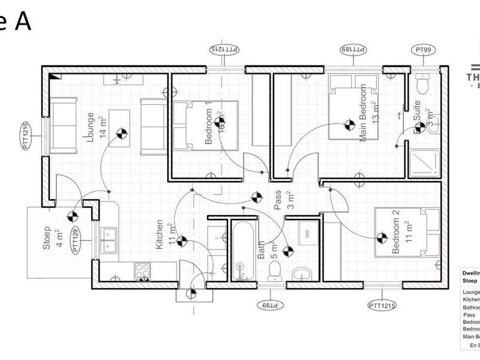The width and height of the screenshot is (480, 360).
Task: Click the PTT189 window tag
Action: (353, 49)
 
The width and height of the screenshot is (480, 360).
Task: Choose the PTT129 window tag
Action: (76, 239)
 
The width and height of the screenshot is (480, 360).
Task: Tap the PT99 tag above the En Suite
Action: (425, 49)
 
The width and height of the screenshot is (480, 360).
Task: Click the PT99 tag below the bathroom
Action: (268, 305)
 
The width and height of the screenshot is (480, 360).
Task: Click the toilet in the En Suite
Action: (423, 85)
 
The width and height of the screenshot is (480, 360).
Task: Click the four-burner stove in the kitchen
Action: (142, 271)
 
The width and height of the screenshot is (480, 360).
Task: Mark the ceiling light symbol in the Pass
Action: (257, 197)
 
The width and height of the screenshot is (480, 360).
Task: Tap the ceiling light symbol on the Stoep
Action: (73, 217)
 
